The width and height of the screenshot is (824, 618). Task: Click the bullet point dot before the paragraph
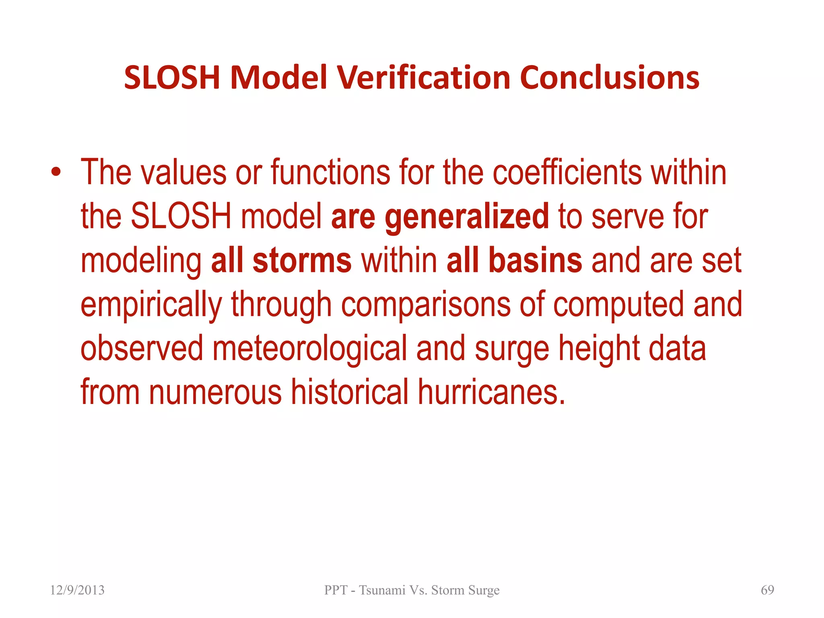tap(56, 173)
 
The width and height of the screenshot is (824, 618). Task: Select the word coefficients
tap(567, 173)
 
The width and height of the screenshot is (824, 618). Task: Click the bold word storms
tap(302, 261)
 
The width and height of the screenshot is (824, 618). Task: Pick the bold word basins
tap(535, 261)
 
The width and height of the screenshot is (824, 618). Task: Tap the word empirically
tap(151, 305)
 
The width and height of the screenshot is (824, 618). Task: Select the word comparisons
tap(426, 305)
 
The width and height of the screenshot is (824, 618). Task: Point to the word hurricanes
tap(492, 392)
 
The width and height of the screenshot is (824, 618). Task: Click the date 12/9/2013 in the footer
tap(77, 590)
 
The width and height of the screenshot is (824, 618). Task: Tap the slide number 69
tap(767, 590)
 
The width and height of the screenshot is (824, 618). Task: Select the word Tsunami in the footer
tap(382, 590)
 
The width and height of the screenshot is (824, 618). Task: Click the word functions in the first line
tap(330, 173)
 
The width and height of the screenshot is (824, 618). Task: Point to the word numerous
tap(215, 392)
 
